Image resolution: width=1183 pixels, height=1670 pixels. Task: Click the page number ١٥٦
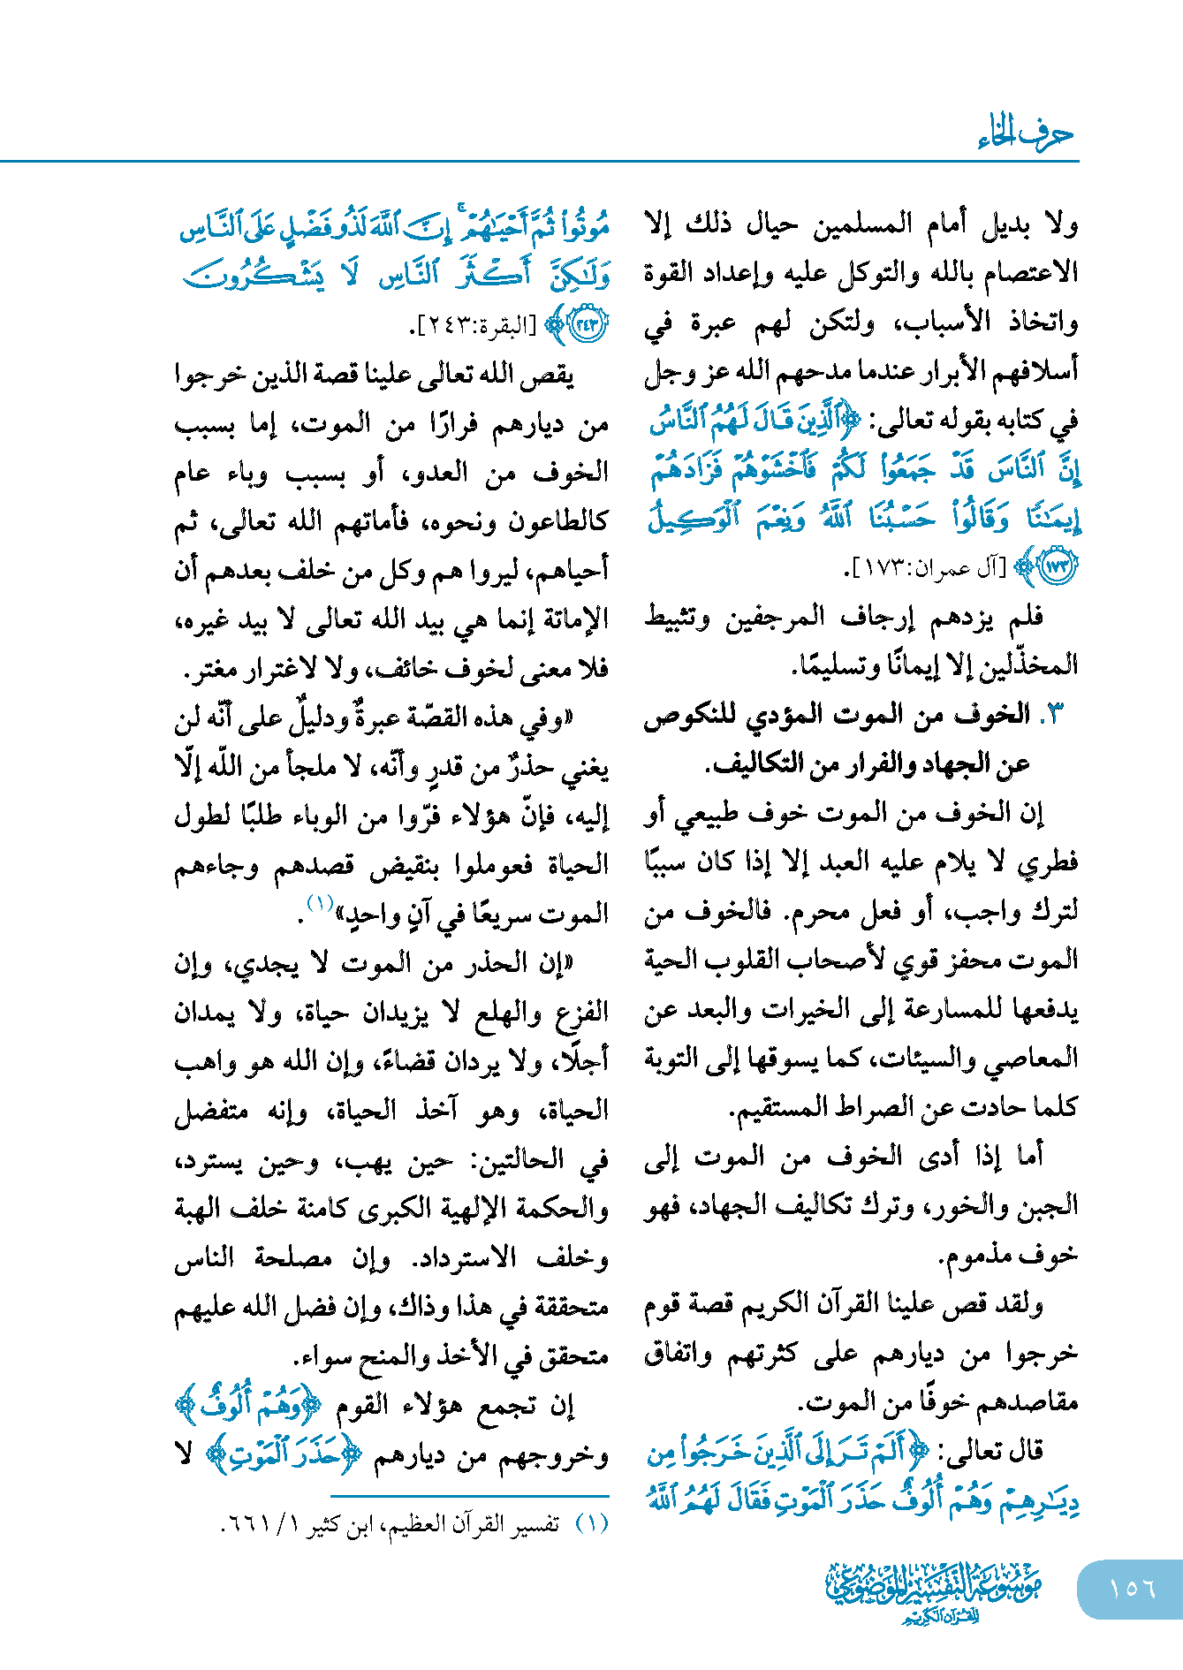click(1132, 1588)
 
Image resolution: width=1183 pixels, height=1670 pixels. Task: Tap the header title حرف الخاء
click(1026, 134)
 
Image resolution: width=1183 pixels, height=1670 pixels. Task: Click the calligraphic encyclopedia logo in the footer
click(934, 1591)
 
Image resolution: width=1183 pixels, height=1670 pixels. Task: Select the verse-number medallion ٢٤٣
click(588, 324)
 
